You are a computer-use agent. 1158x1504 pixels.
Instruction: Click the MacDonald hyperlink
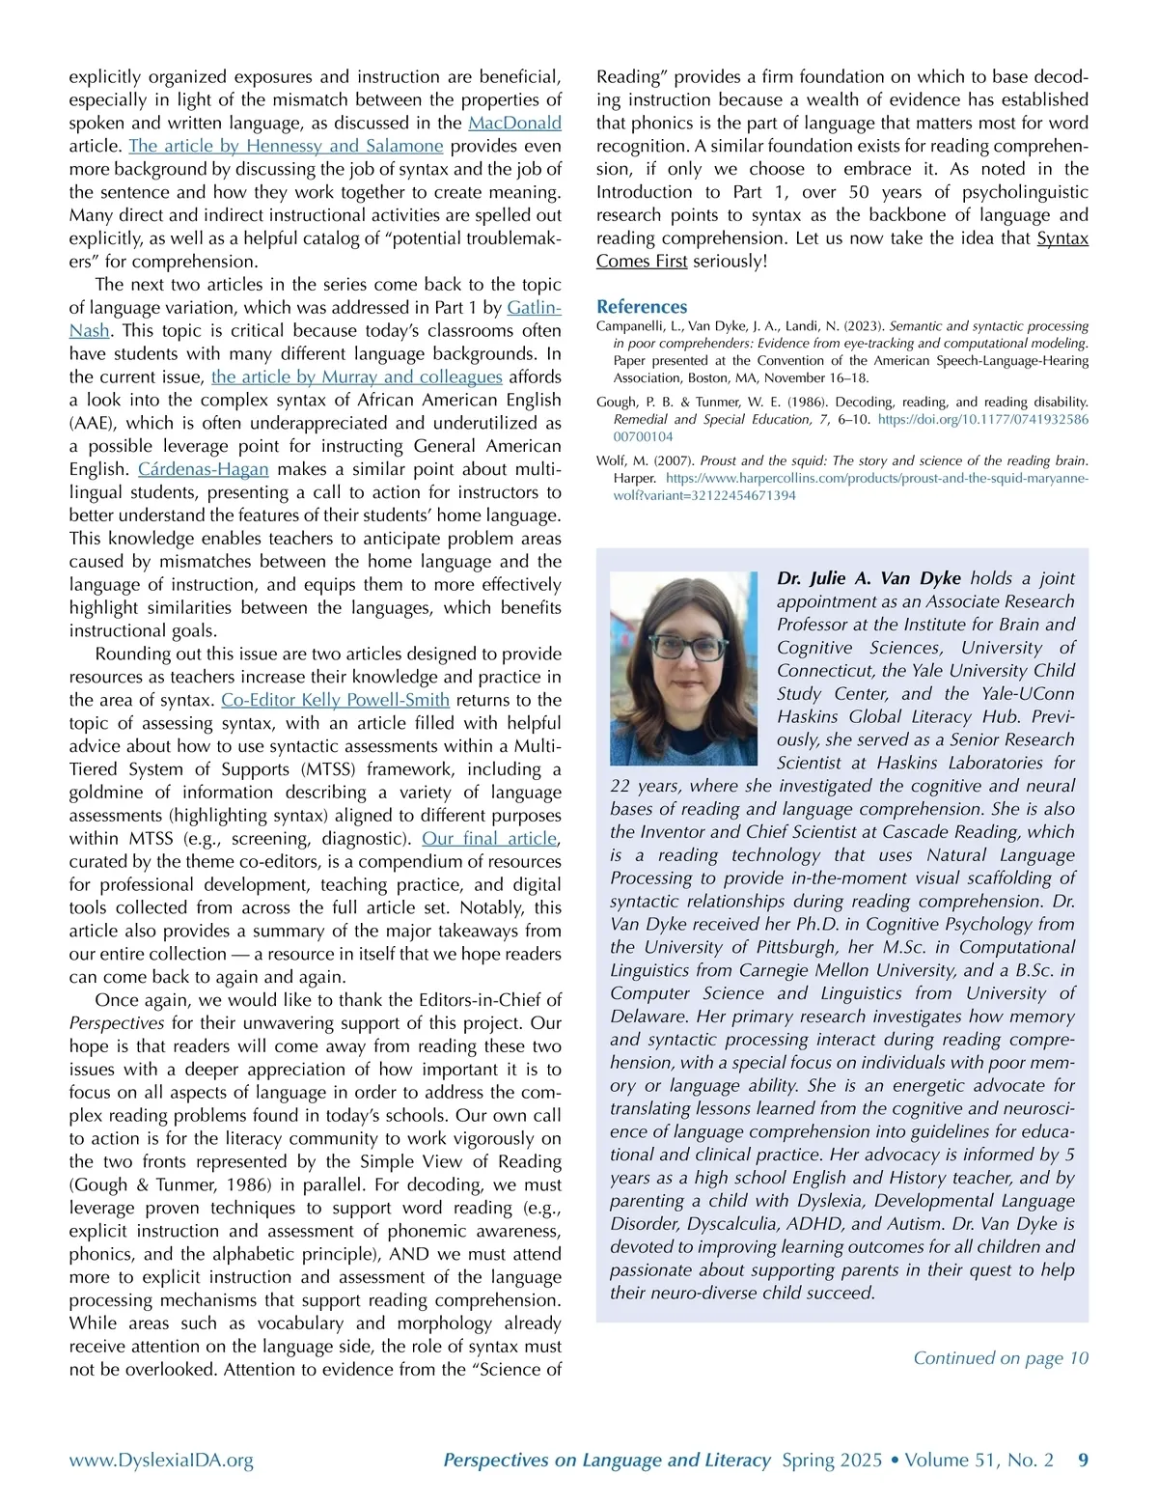(514, 124)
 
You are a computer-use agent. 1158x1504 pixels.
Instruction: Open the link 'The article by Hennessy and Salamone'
(286, 147)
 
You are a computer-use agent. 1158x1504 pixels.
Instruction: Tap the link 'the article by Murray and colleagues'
(357, 377)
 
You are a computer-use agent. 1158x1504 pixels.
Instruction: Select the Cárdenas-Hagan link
(204, 470)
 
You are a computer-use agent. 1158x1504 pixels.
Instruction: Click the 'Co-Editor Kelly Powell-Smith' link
(335, 701)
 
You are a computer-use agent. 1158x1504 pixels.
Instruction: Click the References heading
(642, 307)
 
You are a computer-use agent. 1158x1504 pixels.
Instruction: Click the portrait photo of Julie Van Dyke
(685, 667)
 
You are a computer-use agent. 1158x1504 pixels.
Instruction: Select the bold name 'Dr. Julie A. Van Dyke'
(868, 578)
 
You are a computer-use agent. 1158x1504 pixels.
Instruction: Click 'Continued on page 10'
(1000, 1358)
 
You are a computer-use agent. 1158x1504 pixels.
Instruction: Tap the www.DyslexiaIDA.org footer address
(161, 1461)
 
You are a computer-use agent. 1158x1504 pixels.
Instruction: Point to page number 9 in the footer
(1083, 1461)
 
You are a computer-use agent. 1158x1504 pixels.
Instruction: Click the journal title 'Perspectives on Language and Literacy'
(607, 1461)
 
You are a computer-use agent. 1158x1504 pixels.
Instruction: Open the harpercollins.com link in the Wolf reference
(876, 479)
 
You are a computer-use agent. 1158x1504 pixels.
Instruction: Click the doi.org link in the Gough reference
(982, 420)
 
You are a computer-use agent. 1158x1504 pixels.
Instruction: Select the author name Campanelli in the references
(632, 326)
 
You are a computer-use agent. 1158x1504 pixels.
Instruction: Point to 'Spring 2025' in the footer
(832, 1461)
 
